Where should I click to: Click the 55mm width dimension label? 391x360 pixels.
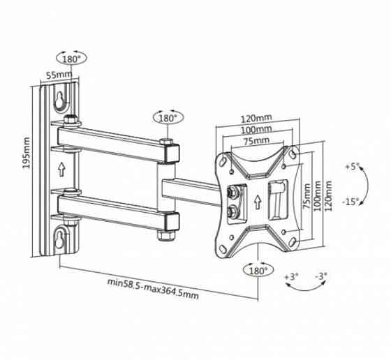pyautogui.click(x=59, y=75)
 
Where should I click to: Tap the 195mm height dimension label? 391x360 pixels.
pyautogui.click(x=27, y=152)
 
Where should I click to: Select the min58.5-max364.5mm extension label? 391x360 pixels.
pyautogui.click(x=153, y=289)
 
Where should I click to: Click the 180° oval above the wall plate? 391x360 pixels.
pyautogui.click(x=71, y=59)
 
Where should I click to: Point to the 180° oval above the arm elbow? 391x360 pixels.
pyautogui.click(x=168, y=118)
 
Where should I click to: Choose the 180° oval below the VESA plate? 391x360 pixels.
pyautogui.click(x=258, y=270)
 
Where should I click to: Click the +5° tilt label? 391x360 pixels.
pyautogui.click(x=352, y=167)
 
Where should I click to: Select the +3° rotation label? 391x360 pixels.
pyautogui.click(x=292, y=276)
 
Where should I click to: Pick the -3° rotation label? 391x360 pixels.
pyautogui.click(x=321, y=276)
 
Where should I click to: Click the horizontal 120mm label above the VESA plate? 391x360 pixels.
pyautogui.click(x=256, y=118)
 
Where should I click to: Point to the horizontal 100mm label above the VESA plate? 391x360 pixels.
pyautogui.click(x=256, y=130)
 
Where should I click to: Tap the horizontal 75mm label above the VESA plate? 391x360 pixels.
pyautogui.click(x=256, y=141)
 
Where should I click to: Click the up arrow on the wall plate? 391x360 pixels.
pyautogui.click(x=61, y=169)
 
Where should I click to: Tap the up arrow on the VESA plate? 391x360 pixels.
pyautogui.click(x=258, y=202)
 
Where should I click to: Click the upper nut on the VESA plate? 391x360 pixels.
pyautogui.click(x=233, y=193)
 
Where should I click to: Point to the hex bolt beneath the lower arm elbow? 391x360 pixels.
pyautogui.click(x=166, y=235)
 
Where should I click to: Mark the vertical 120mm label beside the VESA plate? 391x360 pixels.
pyautogui.click(x=329, y=196)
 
